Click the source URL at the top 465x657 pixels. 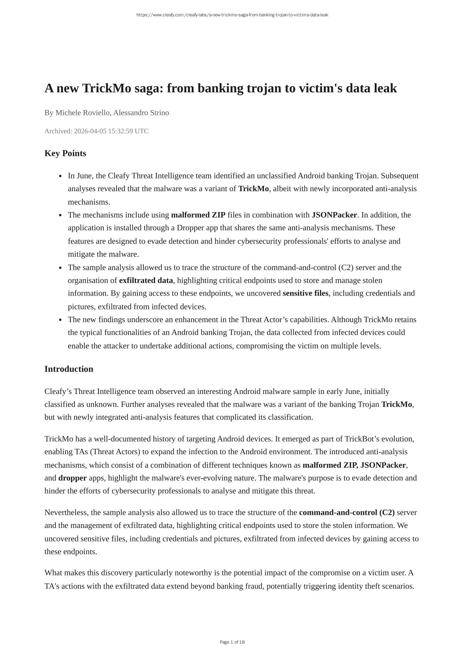point(232,15)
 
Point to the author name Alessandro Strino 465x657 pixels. point(141,113)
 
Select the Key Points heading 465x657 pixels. point(65,153)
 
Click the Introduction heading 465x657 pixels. point(69,369)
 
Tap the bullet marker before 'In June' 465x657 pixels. point(60,176)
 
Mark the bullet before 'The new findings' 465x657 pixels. point(60,320)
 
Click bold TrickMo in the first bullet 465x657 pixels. point(253,189)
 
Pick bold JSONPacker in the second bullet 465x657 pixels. point(334,215)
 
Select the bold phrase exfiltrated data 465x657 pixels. point(146,280)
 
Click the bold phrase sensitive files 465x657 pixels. point(306,293)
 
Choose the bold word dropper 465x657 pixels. point(73,478)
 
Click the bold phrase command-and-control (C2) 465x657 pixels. point(347,512)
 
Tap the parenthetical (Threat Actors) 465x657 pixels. point(115,452)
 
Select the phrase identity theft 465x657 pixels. point(359,586)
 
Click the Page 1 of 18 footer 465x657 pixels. point(232,642)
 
